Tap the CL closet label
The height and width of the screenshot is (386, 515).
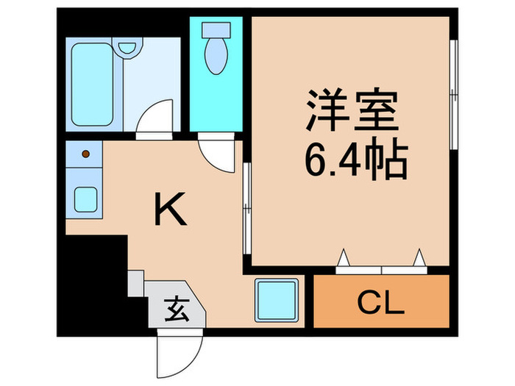pyautogui.click(x=381, y=301)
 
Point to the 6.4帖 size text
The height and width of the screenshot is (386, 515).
pyautogui.click(x=353, y=160)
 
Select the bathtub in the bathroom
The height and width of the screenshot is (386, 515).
pyautogui.click(x=90, y=82)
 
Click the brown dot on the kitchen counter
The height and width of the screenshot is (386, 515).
pyautogui.click(x=87, y=154)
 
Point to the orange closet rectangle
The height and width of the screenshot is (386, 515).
pyautogui.click(x=381, y=301)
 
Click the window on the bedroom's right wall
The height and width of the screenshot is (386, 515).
pyautogui.click(x=454, y=96)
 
